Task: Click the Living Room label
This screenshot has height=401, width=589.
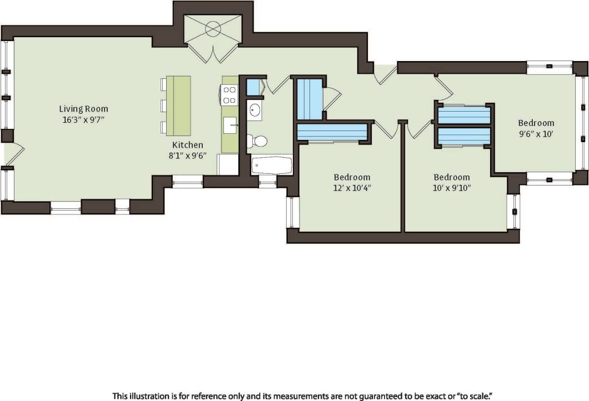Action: pyautogui.click(x=84, y=109)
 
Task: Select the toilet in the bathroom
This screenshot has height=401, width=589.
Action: pyautogui.click(x=257, y=141)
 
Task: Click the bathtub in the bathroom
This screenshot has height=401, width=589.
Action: pyautogui.click(x=272, y=165)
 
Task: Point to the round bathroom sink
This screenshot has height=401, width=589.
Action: pyautogui.click(x=255, y=111)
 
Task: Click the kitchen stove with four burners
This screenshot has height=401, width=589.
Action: pyautogui.click(x=229, y=95)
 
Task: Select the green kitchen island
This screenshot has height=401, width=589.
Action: pyautogui.click(x=178, y=106)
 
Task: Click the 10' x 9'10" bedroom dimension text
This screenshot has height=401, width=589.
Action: pyautogui.click(x=452, y=188)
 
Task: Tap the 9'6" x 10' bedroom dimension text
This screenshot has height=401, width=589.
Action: pyautogui.click(x=536, y=133)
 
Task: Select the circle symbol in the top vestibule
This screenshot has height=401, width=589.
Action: pyautogui.click(x=213, y=28)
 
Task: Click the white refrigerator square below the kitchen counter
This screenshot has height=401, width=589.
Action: pyautogui.click(x=228, y=164)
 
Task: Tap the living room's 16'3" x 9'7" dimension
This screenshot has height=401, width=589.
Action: pyautogui.click(x=84, y=119)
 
